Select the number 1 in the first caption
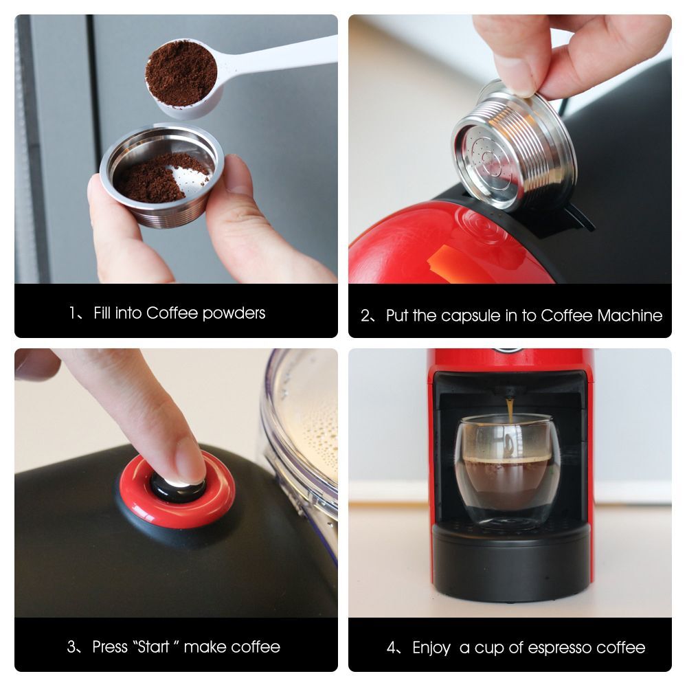72,314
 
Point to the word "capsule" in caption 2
470,316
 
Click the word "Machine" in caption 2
629,316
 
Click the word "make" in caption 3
205,647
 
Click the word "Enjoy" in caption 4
431,648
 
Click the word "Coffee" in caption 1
172,313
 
